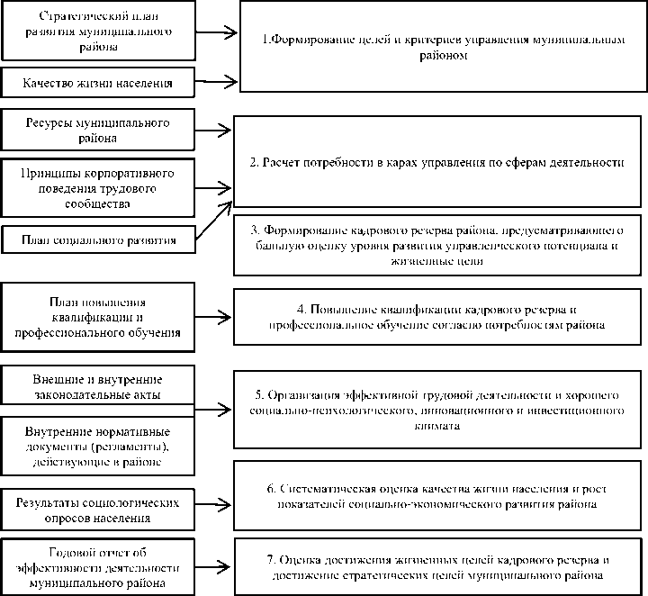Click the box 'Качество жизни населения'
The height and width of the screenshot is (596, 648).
tap(96, 85)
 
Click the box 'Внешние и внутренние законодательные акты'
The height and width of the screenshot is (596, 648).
tap(96, 385)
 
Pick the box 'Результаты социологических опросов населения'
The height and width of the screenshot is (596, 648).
tap(96, 510)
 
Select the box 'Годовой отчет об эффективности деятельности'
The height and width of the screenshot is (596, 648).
tap(96, 566)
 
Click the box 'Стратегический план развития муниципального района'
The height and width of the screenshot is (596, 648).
tap(96, 31)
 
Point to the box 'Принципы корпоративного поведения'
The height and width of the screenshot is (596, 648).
tap(96, 188)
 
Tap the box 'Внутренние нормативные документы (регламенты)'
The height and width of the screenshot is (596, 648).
tap(96, 445)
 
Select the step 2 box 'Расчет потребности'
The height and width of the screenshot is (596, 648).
tap(437, 163)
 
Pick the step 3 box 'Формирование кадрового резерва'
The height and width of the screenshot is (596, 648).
tap(437, 244)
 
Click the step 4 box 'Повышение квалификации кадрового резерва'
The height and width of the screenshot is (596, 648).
tap(437, 314)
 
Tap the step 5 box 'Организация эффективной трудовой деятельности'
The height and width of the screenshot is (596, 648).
tap(437, 411)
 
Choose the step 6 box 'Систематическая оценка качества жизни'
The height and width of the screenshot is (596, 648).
tap(437, 495)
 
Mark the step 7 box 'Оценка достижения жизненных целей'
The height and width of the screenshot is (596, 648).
tap(437, 565)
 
